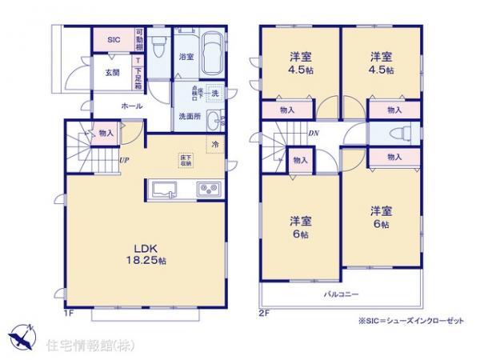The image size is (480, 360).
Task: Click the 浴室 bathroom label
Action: point(185,57)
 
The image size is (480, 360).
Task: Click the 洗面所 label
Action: point(190,117)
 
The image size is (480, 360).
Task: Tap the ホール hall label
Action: point(132,105)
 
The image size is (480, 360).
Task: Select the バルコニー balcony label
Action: point(341,293)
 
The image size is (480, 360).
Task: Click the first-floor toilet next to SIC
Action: point(158,42)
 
